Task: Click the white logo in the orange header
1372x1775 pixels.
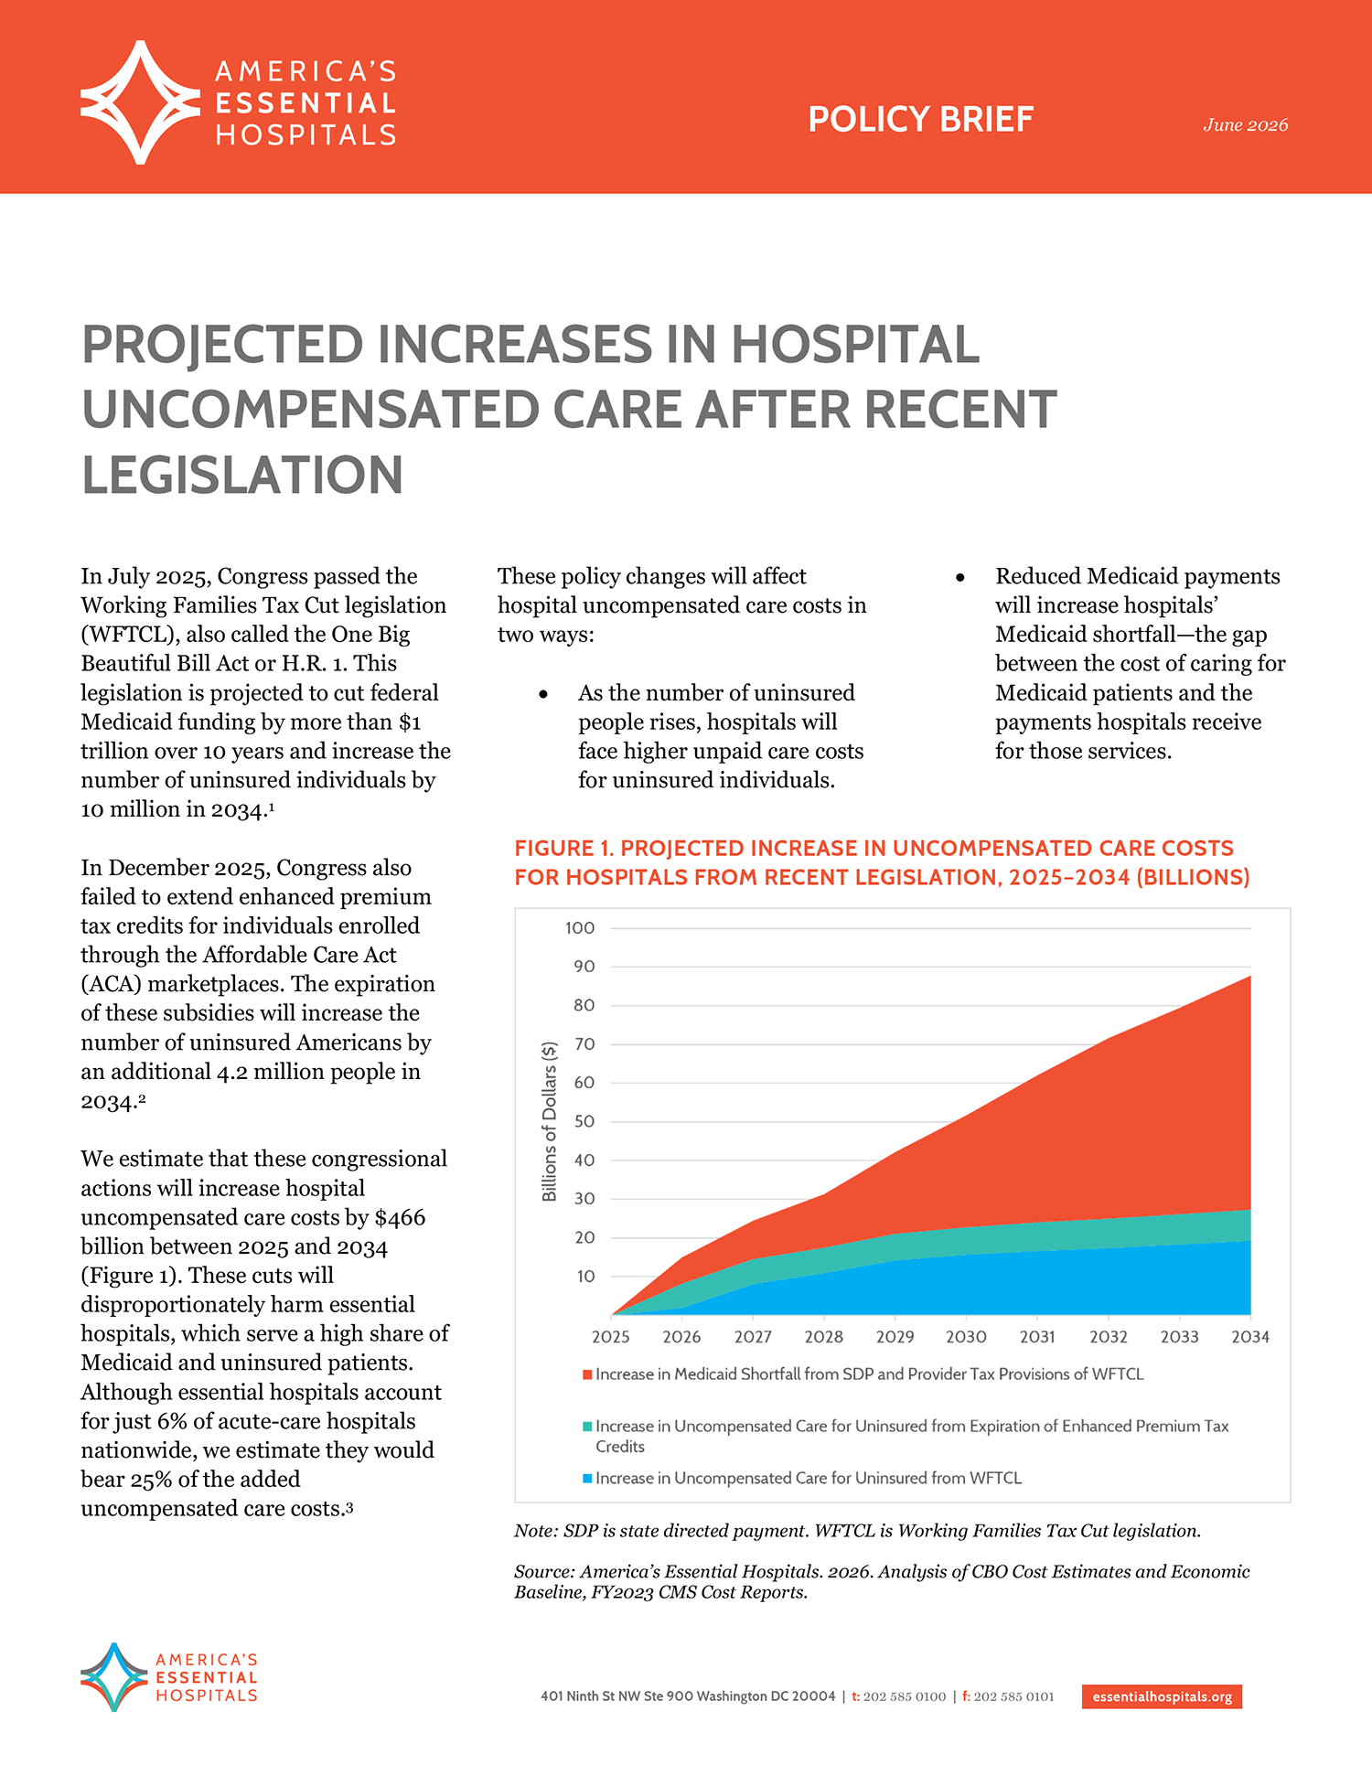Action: (x=140, y=102)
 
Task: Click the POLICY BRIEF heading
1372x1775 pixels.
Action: (x=920, y=120)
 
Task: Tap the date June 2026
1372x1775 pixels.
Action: (x=1245, y=125)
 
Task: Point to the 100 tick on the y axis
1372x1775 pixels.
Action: (x=580, y=928)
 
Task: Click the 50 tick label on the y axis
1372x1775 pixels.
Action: (x=584, y=1121)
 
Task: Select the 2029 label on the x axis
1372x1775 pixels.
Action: (x=895, y=1337)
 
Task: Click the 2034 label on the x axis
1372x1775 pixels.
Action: (x=1250, y=1337)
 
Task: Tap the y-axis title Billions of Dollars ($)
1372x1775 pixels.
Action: (x=550, y=1121)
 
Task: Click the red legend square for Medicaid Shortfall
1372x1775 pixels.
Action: (x=587, y=1374)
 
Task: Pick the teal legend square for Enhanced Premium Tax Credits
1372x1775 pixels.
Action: (x=587, y=1427)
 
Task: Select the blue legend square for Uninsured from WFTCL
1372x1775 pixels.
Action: (x=587, y=1478)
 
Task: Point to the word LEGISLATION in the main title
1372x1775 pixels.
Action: (x=242, y=476)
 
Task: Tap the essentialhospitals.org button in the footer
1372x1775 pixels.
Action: (x=1162, y=1696)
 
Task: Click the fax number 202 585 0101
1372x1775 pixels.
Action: (x=1013, y=1696)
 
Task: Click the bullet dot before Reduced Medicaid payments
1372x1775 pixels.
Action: (x=959, y=578)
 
